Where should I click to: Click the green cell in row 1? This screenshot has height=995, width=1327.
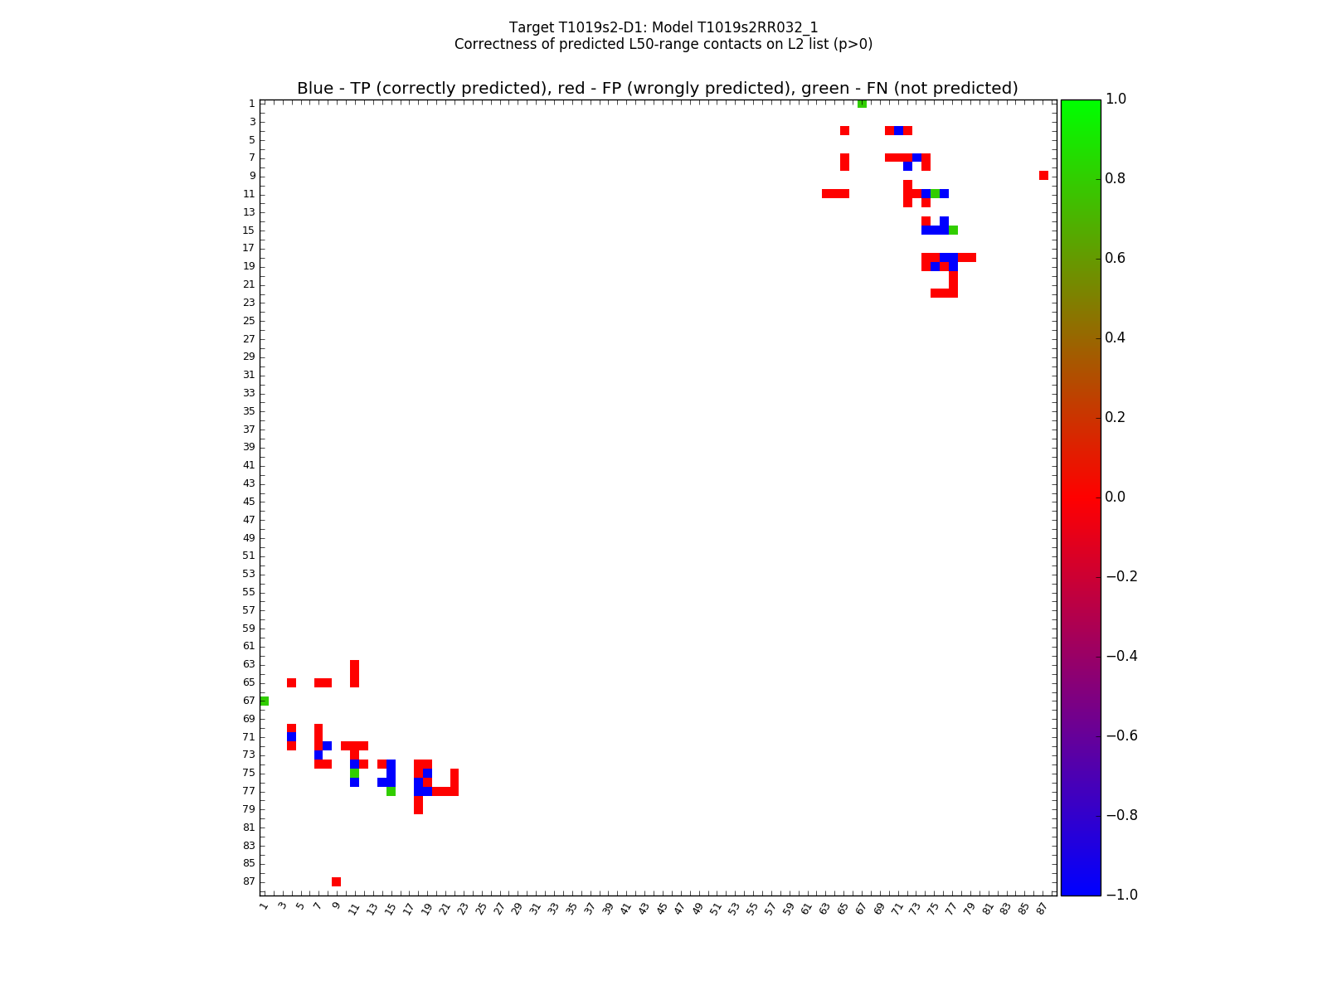[x=862, y=104]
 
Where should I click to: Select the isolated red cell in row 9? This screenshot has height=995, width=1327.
[x=1043, y=176]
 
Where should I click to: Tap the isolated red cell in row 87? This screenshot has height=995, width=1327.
[x=336, y=881]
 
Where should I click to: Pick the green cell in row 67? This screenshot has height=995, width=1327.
[x=264, y=701]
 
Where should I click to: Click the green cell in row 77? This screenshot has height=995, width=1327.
[x=391, y=792]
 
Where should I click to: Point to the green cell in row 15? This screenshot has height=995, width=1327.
[x=953, y=230]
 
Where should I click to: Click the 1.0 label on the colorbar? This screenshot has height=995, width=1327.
[x=1116, y=99]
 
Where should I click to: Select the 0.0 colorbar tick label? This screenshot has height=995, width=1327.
[x=1116, y=497]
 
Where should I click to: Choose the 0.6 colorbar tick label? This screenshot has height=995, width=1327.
[x=1116, y=259]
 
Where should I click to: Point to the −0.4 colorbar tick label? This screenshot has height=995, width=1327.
[x=1120, y=656]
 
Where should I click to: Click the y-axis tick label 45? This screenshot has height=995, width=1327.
[x=249, y=502]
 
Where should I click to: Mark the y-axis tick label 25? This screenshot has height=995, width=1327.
[x=249, y=321]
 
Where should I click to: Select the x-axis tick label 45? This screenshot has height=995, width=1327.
[x=661, y=908]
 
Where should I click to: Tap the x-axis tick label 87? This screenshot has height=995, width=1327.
[x=1042, y=908]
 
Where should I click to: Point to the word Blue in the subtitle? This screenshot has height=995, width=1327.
[x=314, y=89]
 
